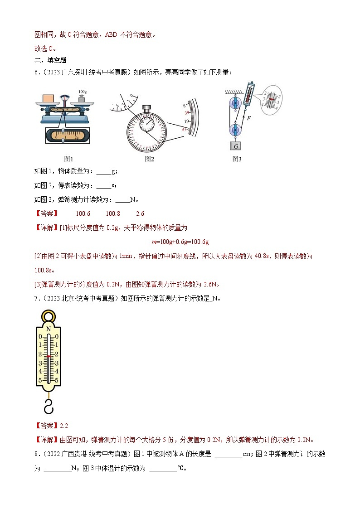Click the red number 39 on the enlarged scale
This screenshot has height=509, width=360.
pyautogui.click(x=186, y=112)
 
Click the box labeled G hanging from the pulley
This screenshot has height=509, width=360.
pyautogui.click(x=236, y=146)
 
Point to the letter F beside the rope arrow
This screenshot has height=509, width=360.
pyautogui.click(x=248, y=118)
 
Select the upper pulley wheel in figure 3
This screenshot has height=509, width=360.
pyautogui.click(x=235, y=103)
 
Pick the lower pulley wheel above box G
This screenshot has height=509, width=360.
pyautogui.click(x=235, y=130)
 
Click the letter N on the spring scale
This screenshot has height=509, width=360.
pyautogui.click(x=48, y=329)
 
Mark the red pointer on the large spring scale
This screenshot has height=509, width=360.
pyautogui.click(x=48, y=357)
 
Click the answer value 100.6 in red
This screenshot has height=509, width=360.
pyautogui.click(x=83, y=214)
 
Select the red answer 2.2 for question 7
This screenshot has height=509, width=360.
pyautogui.click(x=63, y=425)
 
